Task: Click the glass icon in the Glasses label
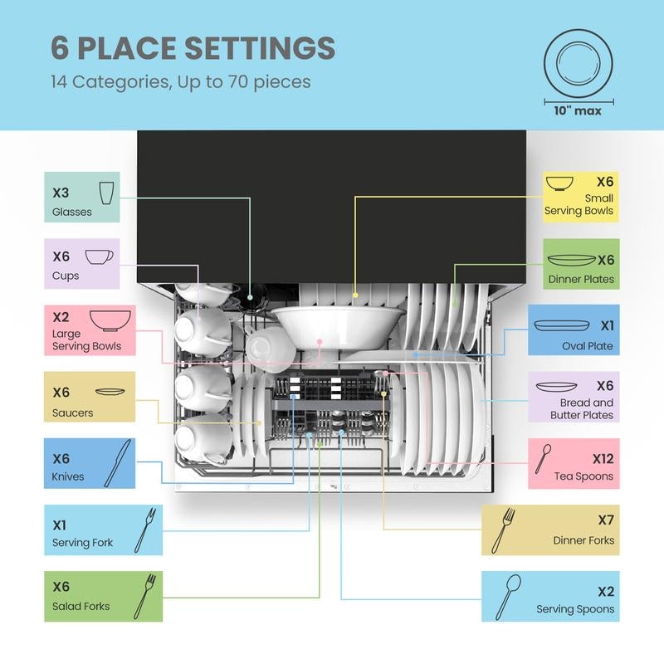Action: (106, 193)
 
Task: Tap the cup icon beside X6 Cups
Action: (100, 256)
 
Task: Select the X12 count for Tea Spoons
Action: (603, 459)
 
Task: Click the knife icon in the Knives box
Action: (117, 463)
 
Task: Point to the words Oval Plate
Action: (588, 346)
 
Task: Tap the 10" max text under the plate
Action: (578, 111)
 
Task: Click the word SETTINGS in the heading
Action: (260, 48)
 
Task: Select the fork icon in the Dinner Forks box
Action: (503, 530)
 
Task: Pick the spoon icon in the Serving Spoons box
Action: (508, 597)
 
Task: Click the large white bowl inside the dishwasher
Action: (338, 326)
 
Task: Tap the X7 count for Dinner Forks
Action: (606, 520)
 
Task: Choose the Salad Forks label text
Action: (81, 607)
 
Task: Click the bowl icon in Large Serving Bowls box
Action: (110, 320)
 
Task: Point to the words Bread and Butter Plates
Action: (583, 408)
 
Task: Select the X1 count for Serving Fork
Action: (60, 525)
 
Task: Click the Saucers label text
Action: (72, 413)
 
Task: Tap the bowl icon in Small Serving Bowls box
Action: (559, 183)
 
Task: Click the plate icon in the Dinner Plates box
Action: (571, 260)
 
